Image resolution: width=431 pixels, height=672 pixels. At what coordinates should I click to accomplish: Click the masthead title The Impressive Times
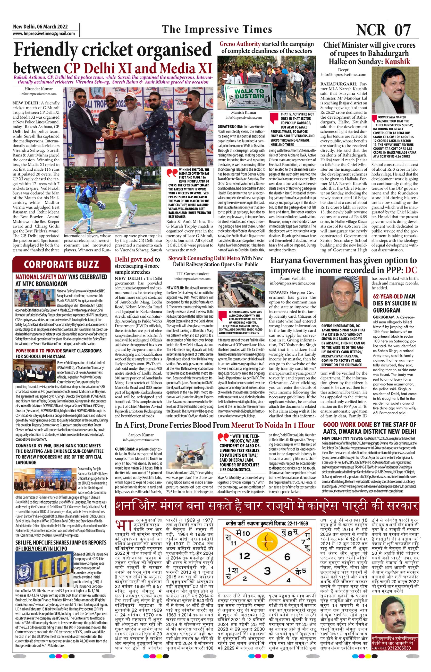coord(217,29)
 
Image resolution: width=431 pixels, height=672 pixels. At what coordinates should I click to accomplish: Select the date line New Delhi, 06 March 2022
coord(40,26)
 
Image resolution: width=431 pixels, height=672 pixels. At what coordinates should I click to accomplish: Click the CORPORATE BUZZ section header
coord(61,264)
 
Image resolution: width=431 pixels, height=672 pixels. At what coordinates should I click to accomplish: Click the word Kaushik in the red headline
coord(397,62)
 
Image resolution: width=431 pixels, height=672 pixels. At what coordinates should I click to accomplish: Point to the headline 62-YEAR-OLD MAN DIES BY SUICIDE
coord(395,303)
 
